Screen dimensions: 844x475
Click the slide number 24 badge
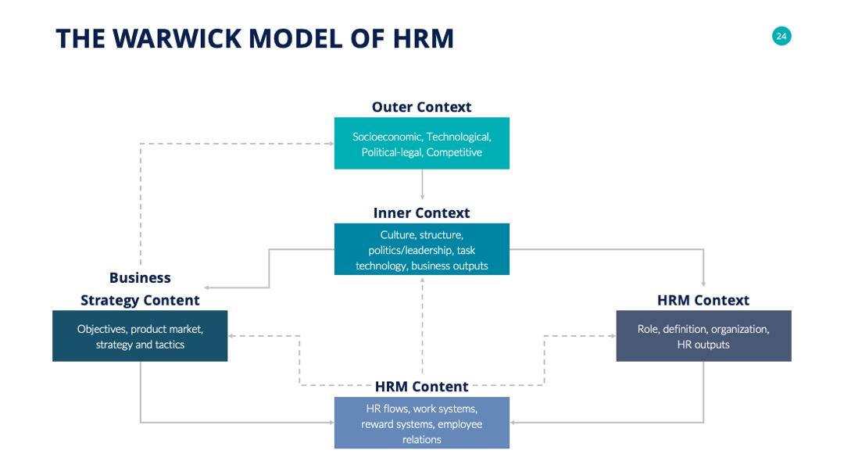[x=781, y=36]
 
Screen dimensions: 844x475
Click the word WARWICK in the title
[x=177, y=39]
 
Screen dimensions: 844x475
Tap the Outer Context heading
[x=421, y=107]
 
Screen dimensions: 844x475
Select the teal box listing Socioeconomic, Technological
[x=421, y=143]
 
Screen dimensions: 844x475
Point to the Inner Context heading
[x=421, y=213]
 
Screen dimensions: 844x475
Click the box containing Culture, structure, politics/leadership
[x=421, y=249]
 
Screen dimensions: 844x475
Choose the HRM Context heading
[x=703, y=300]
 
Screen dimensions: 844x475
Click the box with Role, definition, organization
[x=703, y=336]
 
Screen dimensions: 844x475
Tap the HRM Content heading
[x=421, y=387]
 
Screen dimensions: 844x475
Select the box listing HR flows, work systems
[x=421, y=423]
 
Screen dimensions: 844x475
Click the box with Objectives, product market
[x=140, y=336]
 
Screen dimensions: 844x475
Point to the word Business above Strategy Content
[x=140, y=277]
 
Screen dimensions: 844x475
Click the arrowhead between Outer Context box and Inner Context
[x=422, y=198]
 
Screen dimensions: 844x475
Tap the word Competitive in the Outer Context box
[x=454, y=152]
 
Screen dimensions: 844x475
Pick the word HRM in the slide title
[x=423, y=39]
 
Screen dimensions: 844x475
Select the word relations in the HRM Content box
[x=421, y=440]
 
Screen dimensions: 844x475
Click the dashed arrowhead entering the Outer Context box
[x=331, y=144]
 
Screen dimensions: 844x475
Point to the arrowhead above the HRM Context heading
[x=703, y=284]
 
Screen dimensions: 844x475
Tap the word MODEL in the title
[x=295, y=39]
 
